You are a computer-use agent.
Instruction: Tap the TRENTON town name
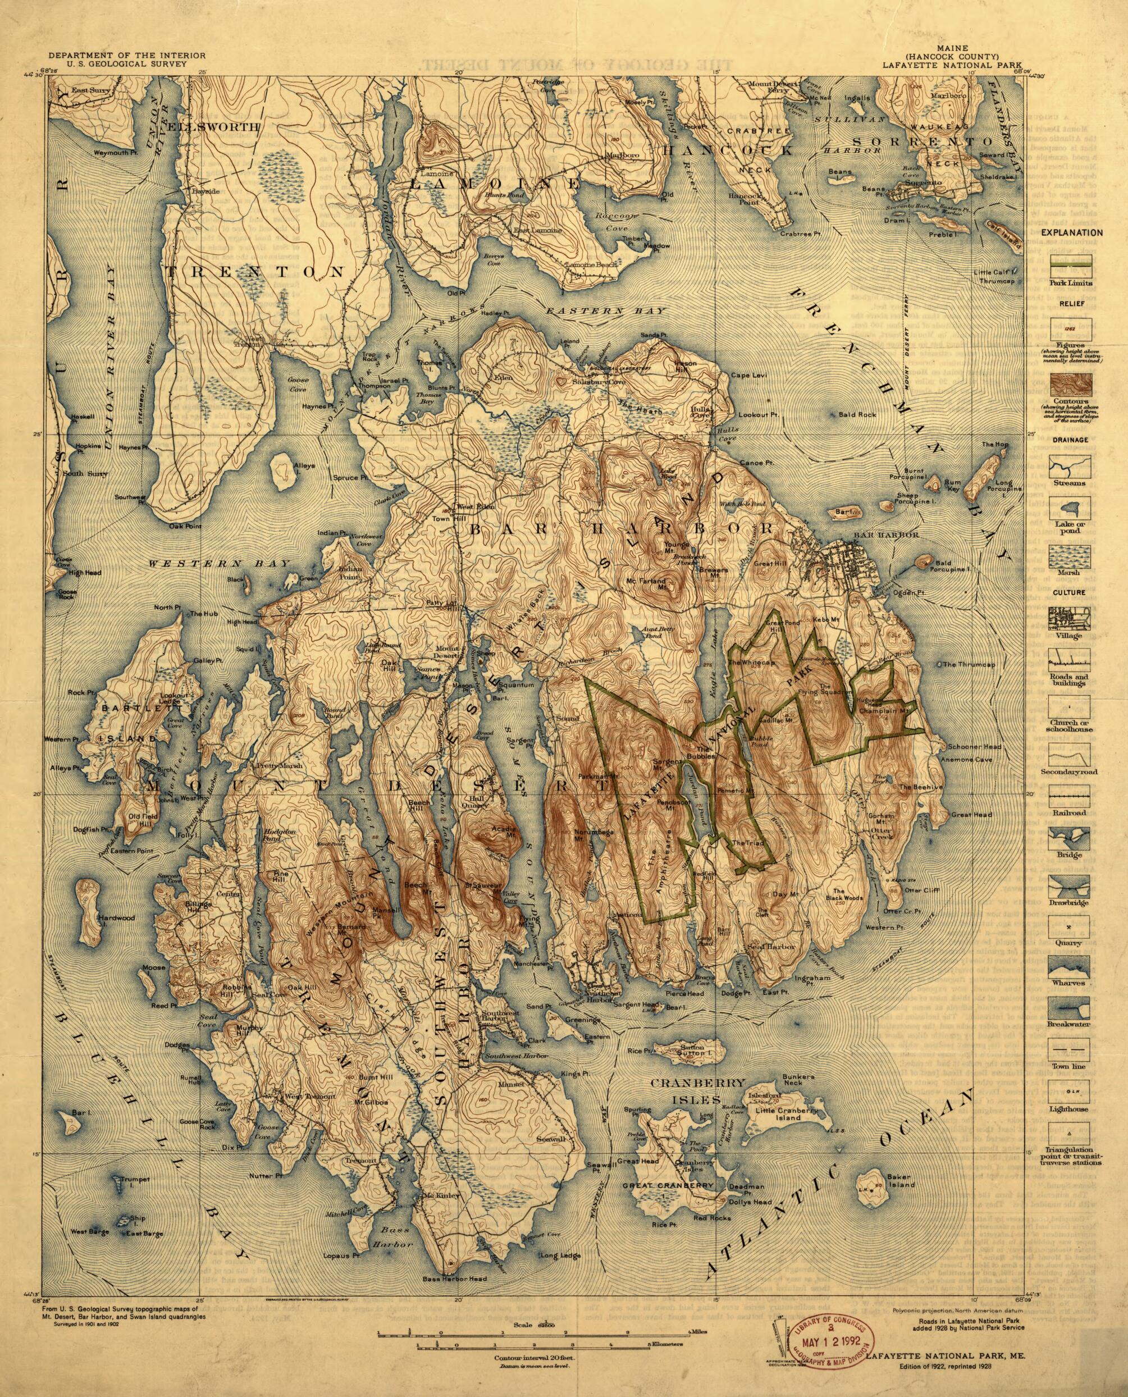point(255,272)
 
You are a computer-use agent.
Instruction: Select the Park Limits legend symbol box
point(1070,266)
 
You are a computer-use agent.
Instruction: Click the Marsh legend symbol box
point(1070,555)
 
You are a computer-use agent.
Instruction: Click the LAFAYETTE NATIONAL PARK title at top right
point(937,65)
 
